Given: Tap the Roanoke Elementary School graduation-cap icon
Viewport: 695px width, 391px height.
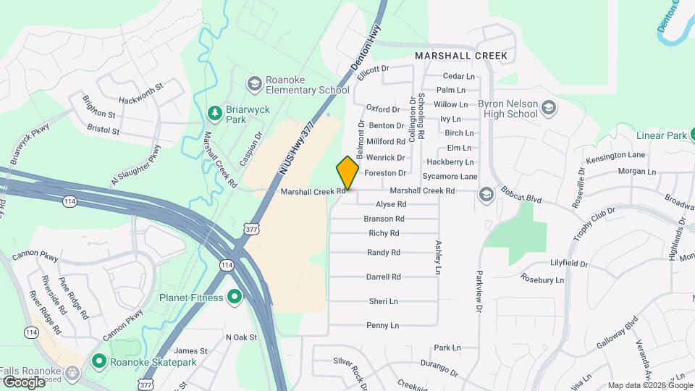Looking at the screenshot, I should (254, 85).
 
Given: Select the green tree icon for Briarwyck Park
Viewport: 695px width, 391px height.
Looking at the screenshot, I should (214, 113).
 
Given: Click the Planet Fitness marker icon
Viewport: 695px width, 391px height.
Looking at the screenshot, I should (234, 297).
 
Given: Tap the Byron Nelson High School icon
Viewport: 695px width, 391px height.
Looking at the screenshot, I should (549, 109).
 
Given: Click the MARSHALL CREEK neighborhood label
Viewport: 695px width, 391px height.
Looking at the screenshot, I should (460, 55).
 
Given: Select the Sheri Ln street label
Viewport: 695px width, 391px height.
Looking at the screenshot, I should (384, 301).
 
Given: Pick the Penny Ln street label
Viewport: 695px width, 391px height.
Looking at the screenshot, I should (383, 325).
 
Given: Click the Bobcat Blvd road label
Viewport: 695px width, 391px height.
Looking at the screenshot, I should (523, 198).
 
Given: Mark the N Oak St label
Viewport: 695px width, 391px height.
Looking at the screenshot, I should (242, 337).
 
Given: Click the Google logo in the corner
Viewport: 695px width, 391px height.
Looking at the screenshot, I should (24, 382).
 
